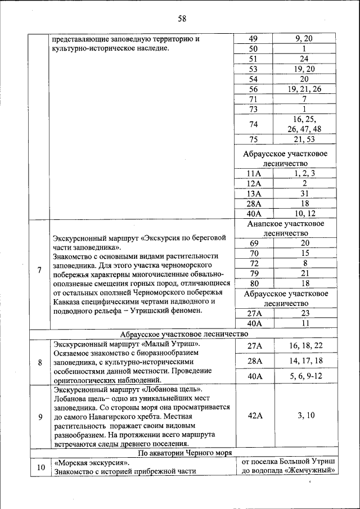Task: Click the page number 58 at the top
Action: (x=182, y=19)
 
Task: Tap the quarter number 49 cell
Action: (x=253, y=38)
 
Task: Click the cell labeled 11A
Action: (x=254, y=174)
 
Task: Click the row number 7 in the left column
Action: (x=39, y=270)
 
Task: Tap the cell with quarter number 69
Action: (x=254, y=242)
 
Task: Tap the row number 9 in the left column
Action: (x=39, y=416)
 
